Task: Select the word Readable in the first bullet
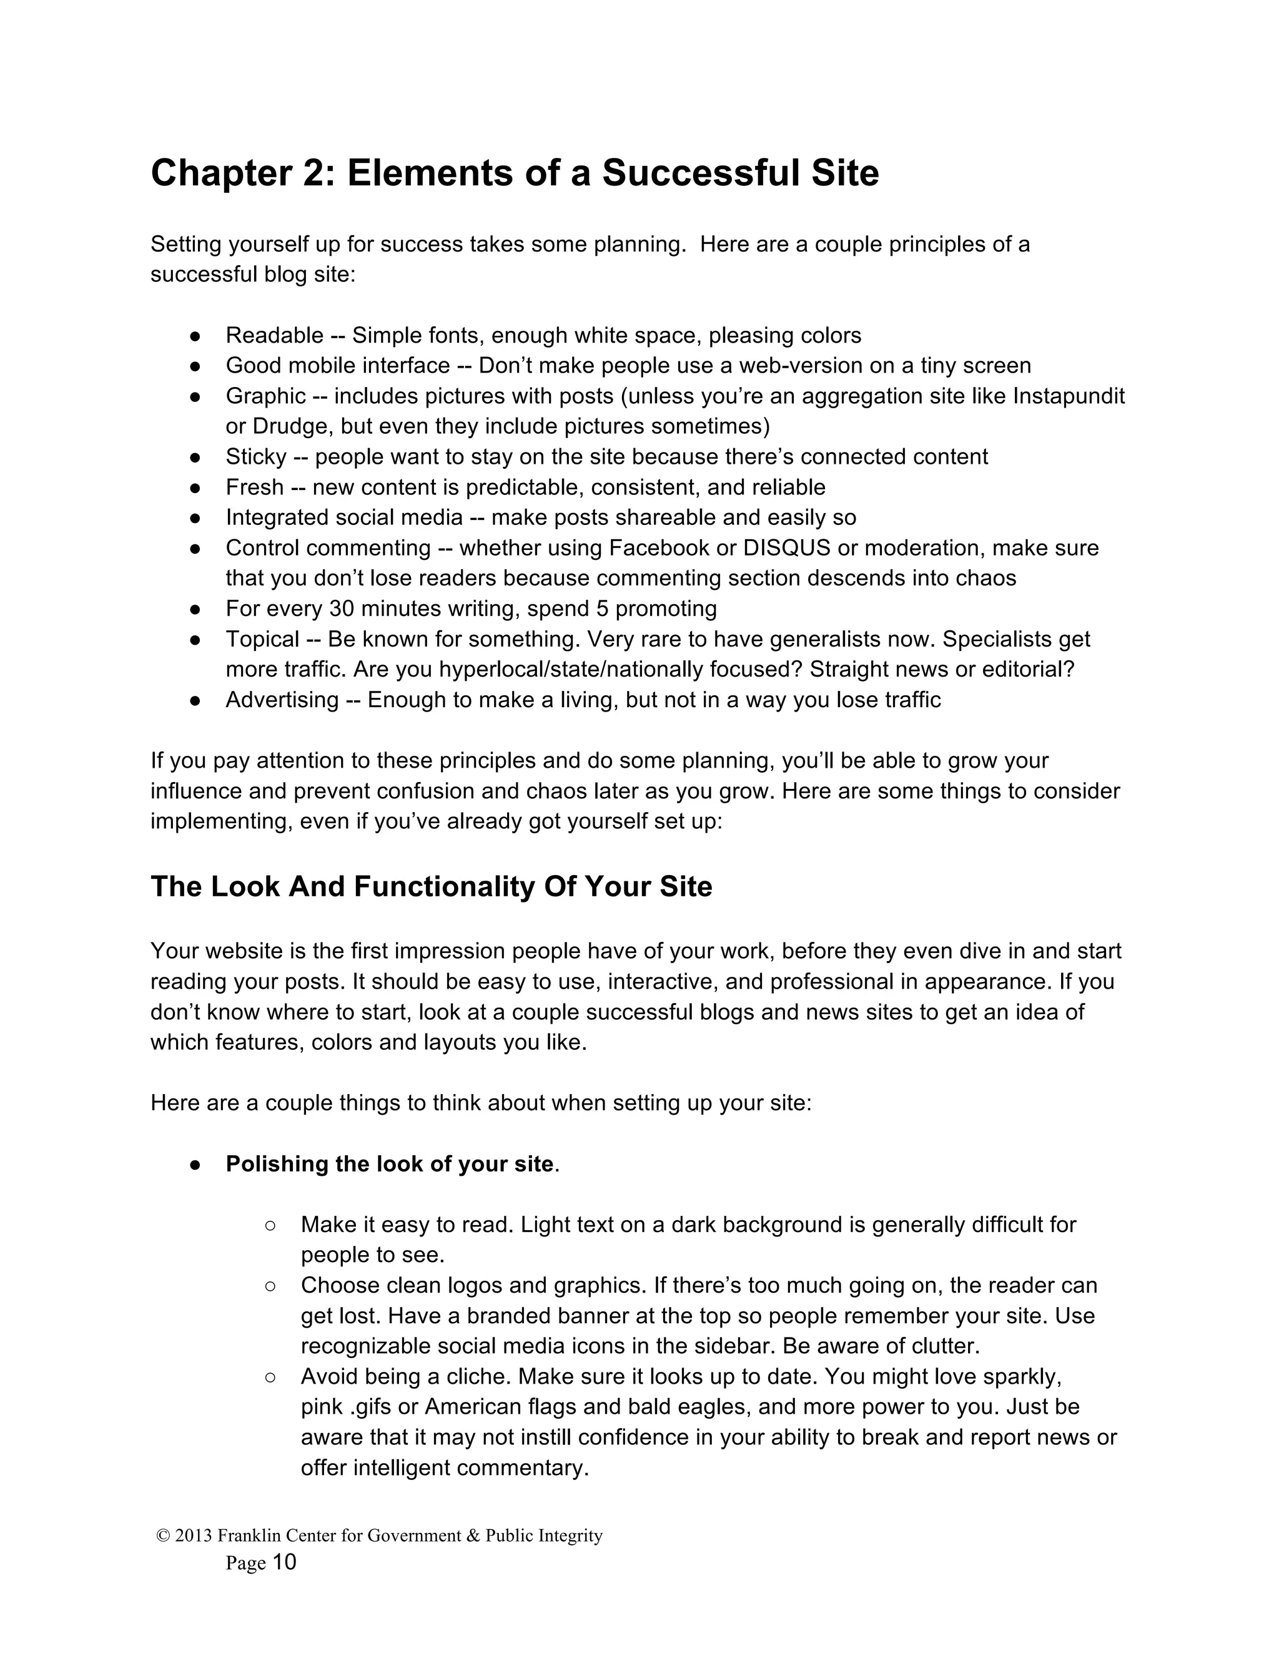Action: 274,336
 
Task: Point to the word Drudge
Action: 292,426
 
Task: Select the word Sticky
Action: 256,457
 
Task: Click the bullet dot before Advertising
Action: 195,700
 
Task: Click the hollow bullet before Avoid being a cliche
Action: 270,1377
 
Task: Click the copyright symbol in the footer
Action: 162,1536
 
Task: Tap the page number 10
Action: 284,1562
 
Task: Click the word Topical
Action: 262,639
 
